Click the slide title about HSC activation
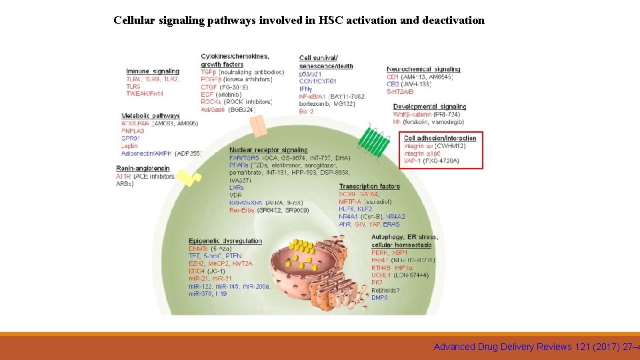coord(299,20)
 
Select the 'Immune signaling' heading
coord(153,71)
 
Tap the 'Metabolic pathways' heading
coord(151,116)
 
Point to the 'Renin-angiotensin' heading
coord(143,169)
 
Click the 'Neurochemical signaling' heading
coord(423,69)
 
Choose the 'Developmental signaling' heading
coord(430,107)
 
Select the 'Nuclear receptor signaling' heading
coord(269,150)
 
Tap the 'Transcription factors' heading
coord(369,186)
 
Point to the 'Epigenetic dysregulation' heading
coord(225,241)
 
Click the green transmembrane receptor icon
coord(374,141)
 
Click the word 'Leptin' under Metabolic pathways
coord(130,146)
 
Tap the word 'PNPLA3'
coord(134,131)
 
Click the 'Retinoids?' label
coord(386,290)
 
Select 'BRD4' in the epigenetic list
coord(197,271)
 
